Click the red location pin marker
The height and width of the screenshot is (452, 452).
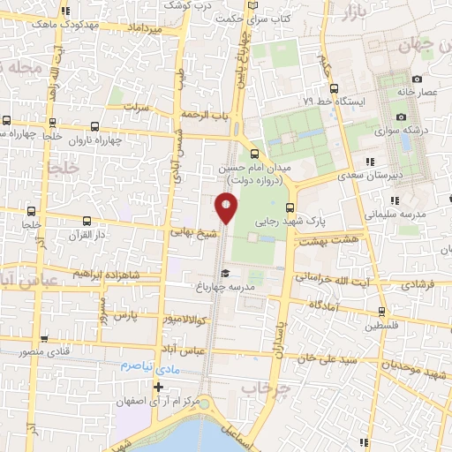coord(226,207)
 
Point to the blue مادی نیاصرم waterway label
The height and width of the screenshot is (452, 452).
coord(149,365)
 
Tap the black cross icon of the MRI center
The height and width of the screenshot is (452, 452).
coord(158,386)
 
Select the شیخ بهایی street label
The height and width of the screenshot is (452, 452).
coord(193,234)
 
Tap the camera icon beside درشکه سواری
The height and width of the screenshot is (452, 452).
coord(402,117)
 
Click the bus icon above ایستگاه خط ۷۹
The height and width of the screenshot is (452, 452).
coord(334,87)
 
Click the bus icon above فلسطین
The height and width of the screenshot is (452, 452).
coord(380,311)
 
